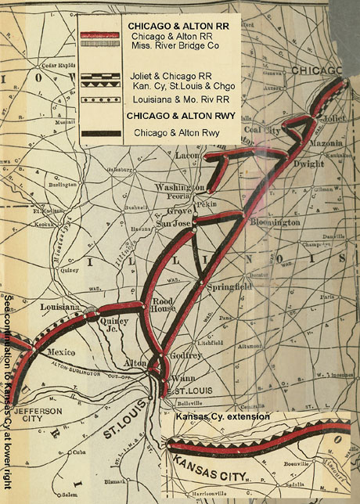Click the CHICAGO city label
pos(316,70)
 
